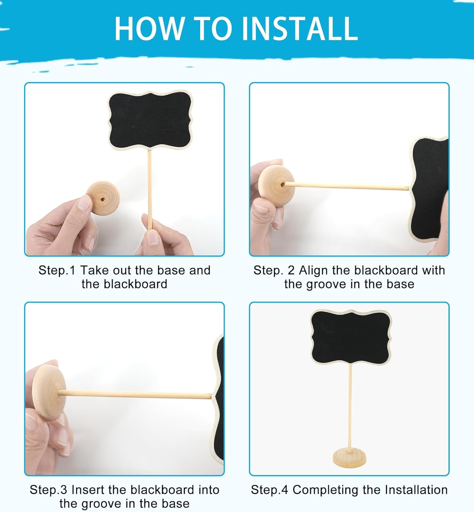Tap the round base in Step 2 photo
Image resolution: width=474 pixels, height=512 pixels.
pyautogui.click(x=276, y=184)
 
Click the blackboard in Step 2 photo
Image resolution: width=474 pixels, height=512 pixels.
pyautogui.click(x=430, y=191)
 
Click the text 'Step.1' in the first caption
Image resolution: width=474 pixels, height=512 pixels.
pyautogui.click(x=57, y=270)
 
